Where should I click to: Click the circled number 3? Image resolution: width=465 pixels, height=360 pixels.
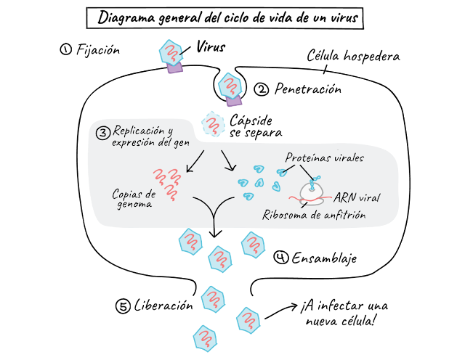(x=102, y=133)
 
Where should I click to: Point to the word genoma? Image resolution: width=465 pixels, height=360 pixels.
(x=134, y=205)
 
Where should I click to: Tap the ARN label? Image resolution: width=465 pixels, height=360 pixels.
(x=344, y=197)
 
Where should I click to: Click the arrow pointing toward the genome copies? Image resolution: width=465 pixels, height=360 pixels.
(x=195, y=163)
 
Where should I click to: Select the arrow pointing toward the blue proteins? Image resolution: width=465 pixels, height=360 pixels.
(x=229, y=161)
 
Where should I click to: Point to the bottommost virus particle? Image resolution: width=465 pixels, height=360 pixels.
(x=205, y=337)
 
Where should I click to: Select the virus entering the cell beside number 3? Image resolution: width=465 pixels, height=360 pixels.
(x=212, y=124)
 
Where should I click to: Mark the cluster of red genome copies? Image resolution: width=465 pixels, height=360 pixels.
(x=168, y=182)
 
